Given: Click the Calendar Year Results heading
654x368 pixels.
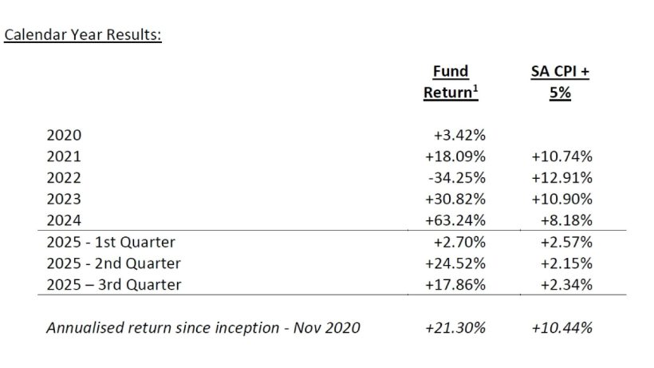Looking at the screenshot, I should (x=84, y=37).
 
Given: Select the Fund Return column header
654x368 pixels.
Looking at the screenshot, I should (x=451, y=82).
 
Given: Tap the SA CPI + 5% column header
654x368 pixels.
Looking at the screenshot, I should (x=561, y=82).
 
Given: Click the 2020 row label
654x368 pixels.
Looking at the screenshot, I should (x=64, y=136).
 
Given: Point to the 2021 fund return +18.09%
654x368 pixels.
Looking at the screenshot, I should (x=455, y=157).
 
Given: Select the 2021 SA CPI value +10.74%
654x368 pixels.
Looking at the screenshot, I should (x=562, y=157).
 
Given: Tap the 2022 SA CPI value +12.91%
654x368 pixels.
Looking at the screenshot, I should (x=562, y=178).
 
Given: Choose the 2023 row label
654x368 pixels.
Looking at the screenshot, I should (x=64, y=199).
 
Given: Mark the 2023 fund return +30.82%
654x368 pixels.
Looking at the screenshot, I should (x=455, y=199).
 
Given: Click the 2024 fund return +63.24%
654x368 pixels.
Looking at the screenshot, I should (x=455, y=220).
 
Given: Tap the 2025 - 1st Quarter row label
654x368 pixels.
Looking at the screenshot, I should (x=111, y=242).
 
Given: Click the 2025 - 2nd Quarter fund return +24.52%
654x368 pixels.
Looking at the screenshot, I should (x=455, y=263).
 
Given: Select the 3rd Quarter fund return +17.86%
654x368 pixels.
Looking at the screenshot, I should (x=455, y=284).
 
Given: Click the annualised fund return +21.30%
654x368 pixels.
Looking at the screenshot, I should (x=455, y=327).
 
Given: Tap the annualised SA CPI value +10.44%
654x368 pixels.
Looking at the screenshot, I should (x=562, y=327).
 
